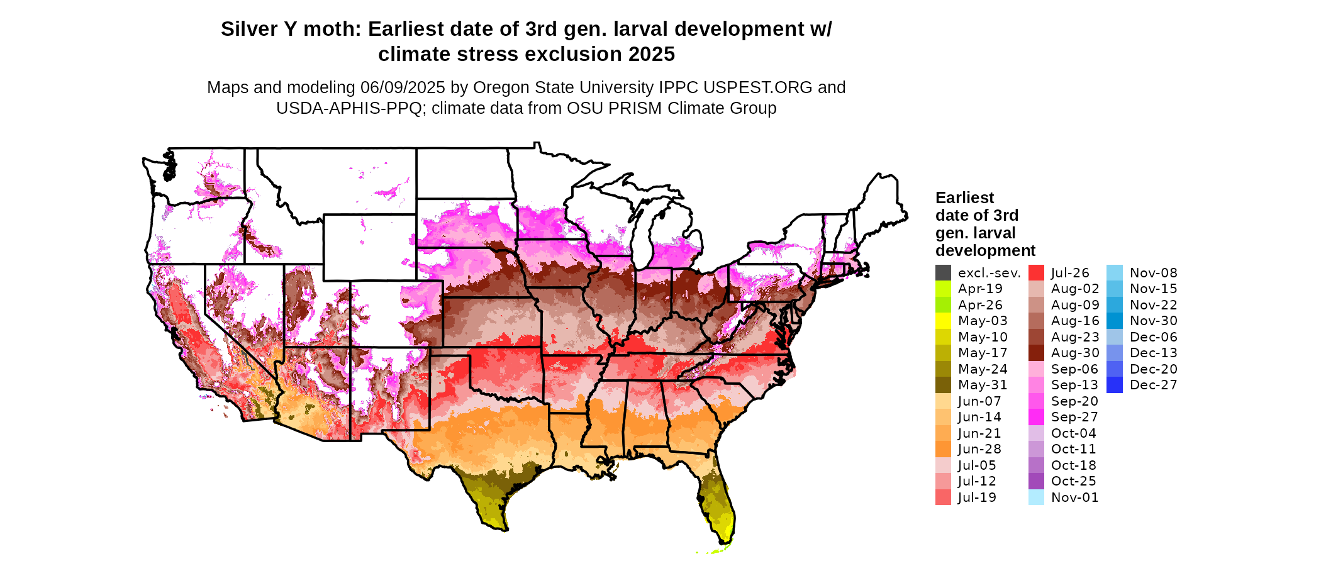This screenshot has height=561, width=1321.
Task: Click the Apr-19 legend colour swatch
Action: (943, 289)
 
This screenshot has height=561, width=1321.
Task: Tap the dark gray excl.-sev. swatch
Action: (943, 273)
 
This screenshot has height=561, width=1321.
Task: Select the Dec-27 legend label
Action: (1154, 385)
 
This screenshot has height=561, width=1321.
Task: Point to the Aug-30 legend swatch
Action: (1036, 353)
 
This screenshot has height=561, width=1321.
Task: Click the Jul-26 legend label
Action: (1070, 273)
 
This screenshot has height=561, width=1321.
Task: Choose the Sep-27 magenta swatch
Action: (1036, 417)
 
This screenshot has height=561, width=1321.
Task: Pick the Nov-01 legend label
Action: (1075, 497)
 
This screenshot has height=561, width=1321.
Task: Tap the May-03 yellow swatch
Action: (943, 321)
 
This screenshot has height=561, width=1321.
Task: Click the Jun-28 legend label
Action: (979, 449)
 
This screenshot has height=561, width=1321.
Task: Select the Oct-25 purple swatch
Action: (1036, 481)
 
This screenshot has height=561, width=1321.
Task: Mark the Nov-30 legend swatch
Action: (1114, 321)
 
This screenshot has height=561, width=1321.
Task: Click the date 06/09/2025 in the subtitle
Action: (403, 87)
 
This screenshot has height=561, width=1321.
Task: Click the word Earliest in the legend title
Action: (964, 197)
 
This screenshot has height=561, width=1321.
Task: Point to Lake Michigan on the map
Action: (658, 236)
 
